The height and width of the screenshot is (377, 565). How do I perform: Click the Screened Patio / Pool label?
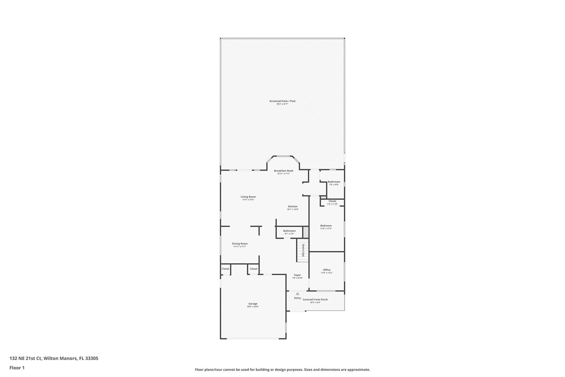click(282, 101)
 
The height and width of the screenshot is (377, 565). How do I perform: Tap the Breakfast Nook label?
click(284, 171)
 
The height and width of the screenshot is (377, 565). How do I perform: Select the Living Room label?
click(248, 197)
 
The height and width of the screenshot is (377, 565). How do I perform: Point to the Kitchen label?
click(293, 207)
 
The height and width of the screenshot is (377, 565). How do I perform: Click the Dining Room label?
click(239, 244)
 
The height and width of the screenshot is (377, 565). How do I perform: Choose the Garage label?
click(253, 304)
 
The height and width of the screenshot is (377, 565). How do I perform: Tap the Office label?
click(327, 270)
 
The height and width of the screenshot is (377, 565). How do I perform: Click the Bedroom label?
click(326, 226)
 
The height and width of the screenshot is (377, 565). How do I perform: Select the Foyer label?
click(297, 275)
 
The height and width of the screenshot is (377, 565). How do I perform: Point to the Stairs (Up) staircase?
click(302, 250)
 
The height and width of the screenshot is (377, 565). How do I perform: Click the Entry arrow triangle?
click(297, 294)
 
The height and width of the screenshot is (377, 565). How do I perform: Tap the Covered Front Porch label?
click(315, 299)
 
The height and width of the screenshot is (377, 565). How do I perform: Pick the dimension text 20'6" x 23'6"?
click(253, 307)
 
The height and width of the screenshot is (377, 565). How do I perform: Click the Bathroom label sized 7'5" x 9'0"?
click(334, 182)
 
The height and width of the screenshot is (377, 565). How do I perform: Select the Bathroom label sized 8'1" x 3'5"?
click(289, 231)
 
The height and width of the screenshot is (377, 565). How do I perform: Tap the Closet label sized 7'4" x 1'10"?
click(332, 201)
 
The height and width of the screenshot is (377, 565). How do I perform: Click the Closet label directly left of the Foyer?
click(254, 269)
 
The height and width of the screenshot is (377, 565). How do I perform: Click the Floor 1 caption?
click(17, 368)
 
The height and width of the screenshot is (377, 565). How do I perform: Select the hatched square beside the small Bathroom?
click(306, 232)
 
